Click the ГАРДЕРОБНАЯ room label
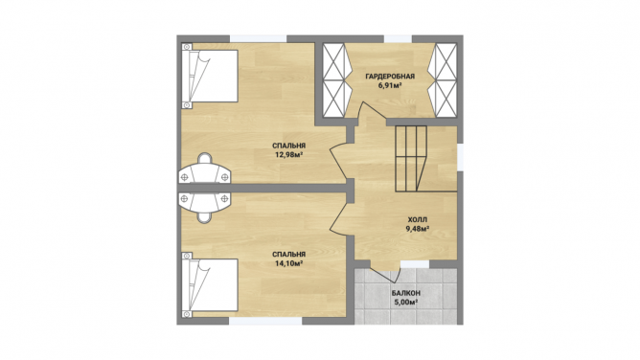390,77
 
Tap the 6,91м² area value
390,85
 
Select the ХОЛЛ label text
417,220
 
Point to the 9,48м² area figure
417,229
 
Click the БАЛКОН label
405,293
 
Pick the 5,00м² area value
405,303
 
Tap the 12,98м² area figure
289,154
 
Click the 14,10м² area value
289,263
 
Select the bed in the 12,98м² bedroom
210,77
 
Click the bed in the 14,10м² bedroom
210,284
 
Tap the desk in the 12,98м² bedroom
204,169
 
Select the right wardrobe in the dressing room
442,80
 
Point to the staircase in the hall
411,159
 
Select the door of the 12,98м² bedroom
339,162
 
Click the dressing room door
373,111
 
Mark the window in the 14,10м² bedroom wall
265,321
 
